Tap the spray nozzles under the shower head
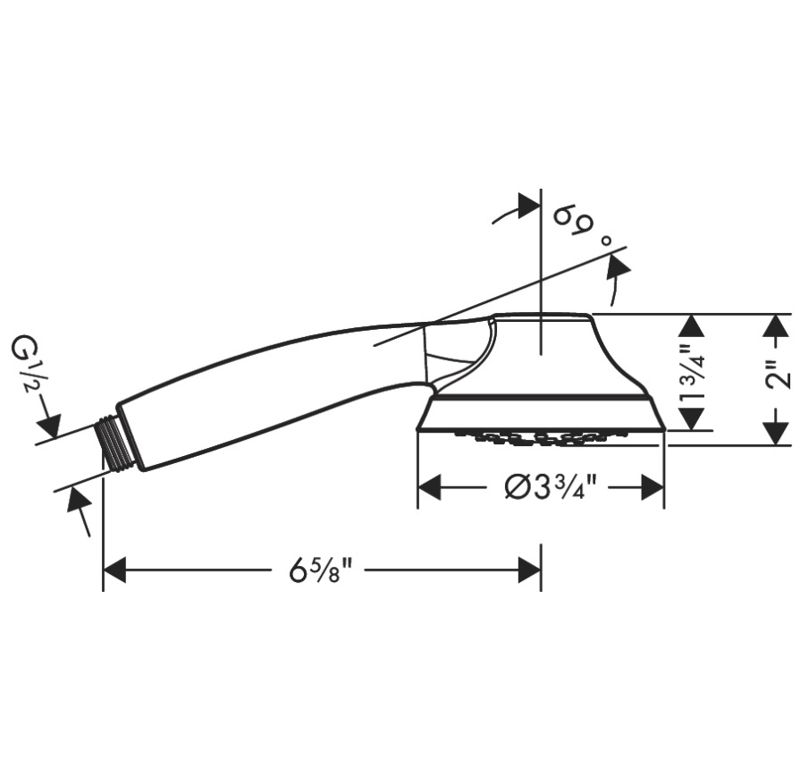click(x=541, y=438)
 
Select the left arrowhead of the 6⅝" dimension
click(x=114, y=570)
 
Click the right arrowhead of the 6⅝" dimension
click(x=529, y=570)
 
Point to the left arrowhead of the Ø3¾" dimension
click(x=429, y=487)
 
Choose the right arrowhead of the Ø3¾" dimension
click(x=653, y=487)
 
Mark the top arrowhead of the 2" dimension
click(x=776, y=325)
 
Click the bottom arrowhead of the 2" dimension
click(x=776, y=434)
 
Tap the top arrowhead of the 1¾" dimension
click(x=692, y=325)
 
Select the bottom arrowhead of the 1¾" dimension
click(x=692, y=419)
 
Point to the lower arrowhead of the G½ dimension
click(x=79, y=501)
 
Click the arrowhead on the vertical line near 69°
click(x=529, y=205)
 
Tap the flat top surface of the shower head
click(x=541, y=315)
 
